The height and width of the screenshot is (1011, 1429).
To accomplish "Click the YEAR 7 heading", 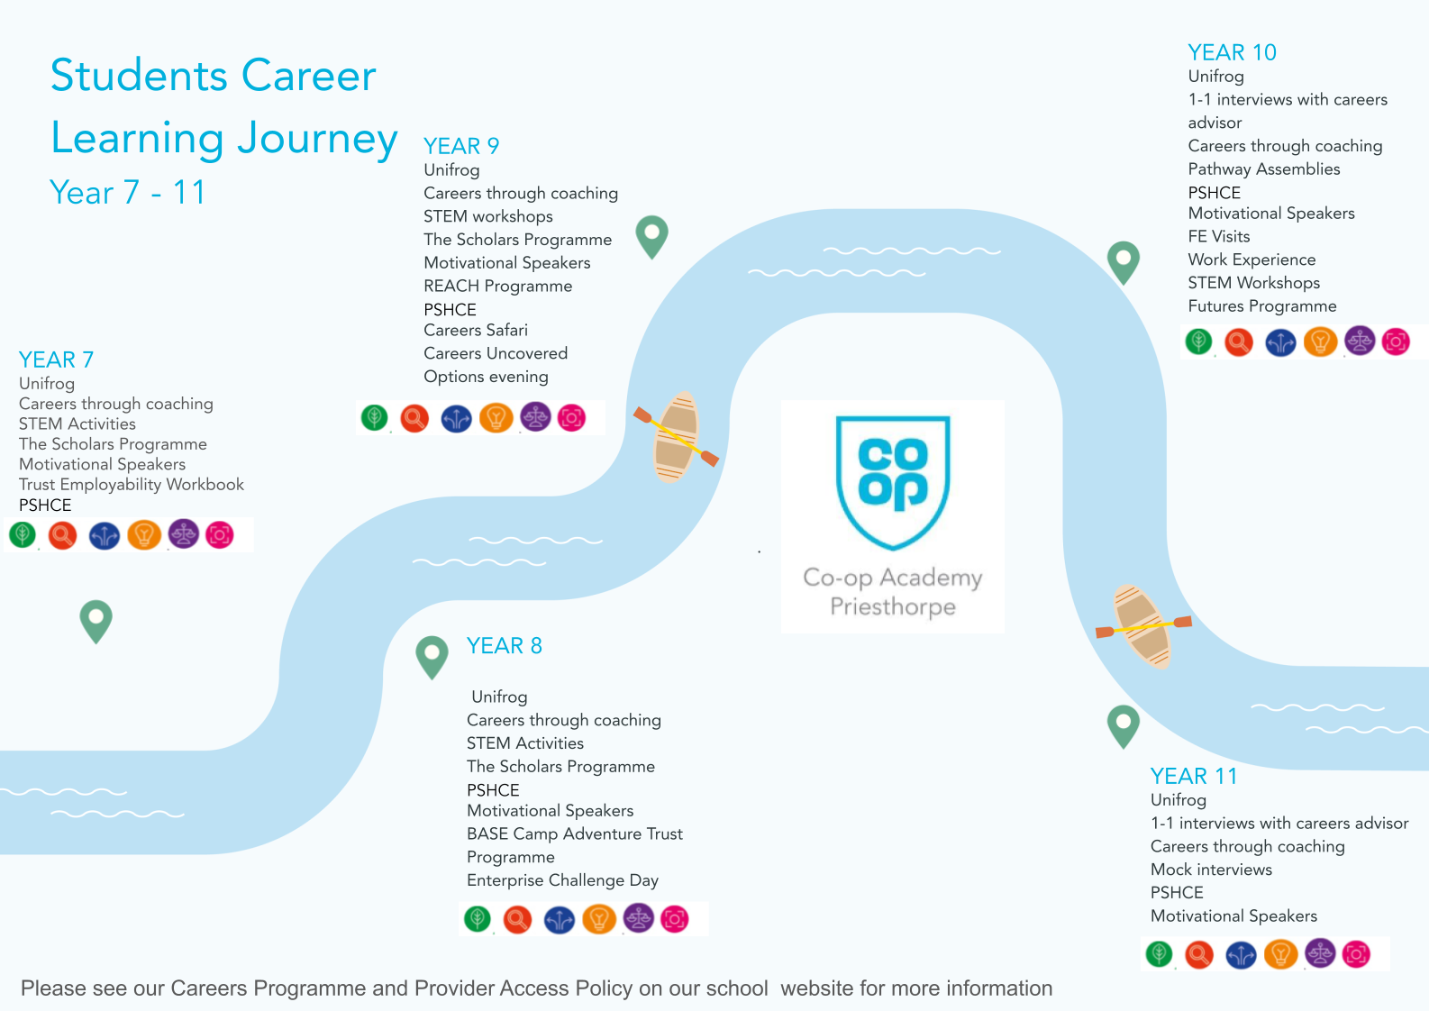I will [56, 360].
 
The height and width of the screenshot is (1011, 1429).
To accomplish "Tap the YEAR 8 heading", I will [504, 646].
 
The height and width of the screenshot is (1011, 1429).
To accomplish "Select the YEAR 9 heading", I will [461, 146].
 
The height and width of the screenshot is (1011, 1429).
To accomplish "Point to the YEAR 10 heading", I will [1232, 52].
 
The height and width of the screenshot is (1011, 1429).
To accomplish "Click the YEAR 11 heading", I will [1194, 776].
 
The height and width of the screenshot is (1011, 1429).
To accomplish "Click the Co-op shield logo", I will [893, 480].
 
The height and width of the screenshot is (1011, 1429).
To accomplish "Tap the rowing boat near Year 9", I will [676, 436].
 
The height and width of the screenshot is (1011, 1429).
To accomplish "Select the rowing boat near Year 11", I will [1142, 625].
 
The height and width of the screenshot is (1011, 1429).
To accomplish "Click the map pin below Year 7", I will [96, 620].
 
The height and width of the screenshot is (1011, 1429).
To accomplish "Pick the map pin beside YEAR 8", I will [432, 656].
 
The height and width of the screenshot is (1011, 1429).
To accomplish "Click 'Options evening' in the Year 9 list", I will [486, 377].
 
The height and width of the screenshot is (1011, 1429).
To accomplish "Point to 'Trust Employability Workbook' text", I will [132, 485].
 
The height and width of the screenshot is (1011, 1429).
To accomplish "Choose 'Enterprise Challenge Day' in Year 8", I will [562, 880].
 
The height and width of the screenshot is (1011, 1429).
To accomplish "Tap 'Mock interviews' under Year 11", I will [1211, 870].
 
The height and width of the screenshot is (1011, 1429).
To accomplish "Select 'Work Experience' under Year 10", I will [1252, 260].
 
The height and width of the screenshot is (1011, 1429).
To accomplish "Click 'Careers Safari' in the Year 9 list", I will [476, 331].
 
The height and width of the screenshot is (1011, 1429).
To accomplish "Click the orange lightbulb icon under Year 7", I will [144, 535].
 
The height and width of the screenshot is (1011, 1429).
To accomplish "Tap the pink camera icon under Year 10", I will [1396, 342].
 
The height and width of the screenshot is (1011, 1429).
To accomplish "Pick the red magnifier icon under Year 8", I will [517, 919].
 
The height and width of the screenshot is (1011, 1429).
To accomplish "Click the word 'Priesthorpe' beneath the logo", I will [893, 606].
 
